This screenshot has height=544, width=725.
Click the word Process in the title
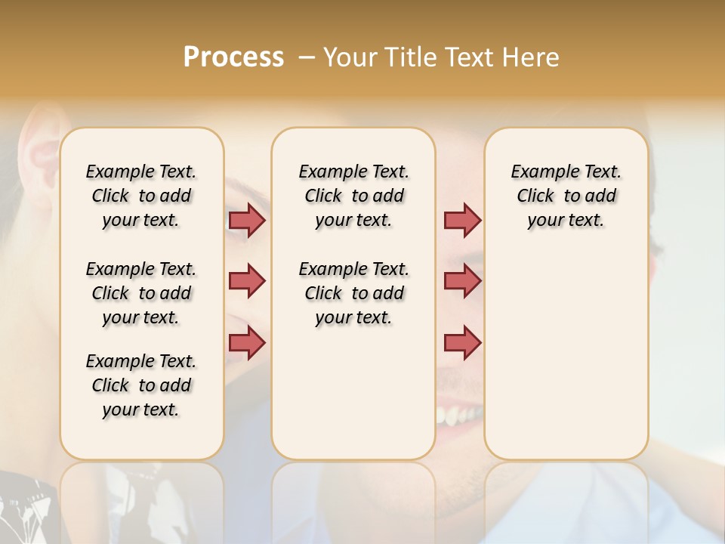pos(233,57)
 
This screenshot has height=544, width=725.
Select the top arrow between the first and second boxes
pos(247,220)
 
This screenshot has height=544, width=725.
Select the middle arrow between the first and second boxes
pos(247,281)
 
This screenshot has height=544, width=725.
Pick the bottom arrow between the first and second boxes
pos(247,342)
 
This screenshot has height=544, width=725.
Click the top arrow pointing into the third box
pos(462,220)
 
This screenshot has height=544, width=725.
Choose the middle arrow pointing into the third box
pos(462,281)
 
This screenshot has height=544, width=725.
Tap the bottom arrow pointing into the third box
pos(462,342)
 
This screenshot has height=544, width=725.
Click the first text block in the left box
pos(141,196)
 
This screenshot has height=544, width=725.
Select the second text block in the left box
pos(141,293)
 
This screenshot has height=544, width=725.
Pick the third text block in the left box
pos(141,385)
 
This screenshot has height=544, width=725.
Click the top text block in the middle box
pos(353,196)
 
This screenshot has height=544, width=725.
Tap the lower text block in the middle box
pos(353,293)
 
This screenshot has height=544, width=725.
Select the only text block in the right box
pos(566,196)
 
